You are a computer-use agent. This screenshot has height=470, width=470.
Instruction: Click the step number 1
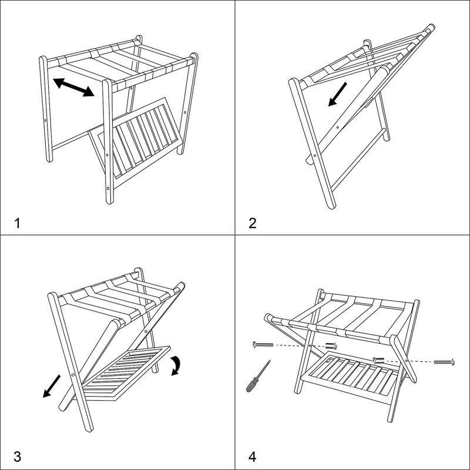click(18, 223)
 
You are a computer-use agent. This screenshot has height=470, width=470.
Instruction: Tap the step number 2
click(253, 223)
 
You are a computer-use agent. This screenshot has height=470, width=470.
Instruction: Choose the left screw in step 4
click(263, 344)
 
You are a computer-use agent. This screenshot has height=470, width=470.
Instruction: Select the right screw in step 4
click(444, 361)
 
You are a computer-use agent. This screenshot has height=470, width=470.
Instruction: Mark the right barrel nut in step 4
click(378, 359)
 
